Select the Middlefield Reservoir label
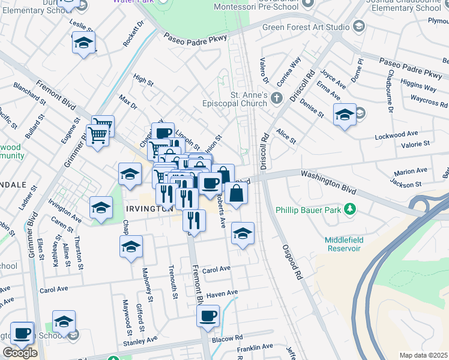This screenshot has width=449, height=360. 344,244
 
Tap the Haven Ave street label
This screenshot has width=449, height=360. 222,293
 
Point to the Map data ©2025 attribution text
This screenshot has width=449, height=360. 423,355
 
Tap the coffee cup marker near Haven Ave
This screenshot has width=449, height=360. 208,316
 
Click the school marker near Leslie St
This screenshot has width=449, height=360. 83,43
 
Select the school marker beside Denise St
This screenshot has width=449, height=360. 345,115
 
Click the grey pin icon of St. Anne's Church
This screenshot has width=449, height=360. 276,97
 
